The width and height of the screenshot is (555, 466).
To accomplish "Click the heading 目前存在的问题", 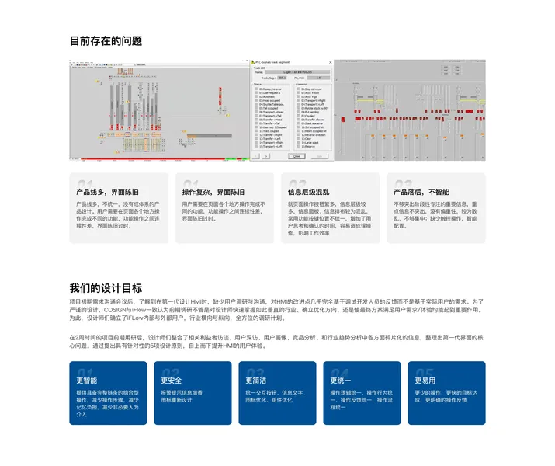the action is tap(106, 41).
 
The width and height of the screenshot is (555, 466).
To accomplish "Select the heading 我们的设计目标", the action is tap(106, 287).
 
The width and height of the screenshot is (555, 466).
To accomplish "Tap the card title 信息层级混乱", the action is tap(309, 191).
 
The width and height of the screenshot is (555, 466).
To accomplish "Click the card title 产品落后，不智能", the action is tap(421, 191).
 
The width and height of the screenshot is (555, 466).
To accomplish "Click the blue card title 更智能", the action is tap(87, 381).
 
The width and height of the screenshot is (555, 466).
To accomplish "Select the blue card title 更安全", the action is tap(172, 381).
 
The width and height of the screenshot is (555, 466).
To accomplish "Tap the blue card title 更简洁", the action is tap(256, 381).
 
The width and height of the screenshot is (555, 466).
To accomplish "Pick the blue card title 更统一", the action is tap(341, 381).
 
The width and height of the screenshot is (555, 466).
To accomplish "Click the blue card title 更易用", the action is tap(425, 381).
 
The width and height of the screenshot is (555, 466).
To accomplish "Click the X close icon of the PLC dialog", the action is tap(329, 62).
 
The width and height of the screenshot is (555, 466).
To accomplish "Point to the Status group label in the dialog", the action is tap(258, 83).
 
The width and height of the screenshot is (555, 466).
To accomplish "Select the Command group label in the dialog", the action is tap(300, 83).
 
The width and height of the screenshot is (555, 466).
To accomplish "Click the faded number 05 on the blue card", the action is tap(424, 374).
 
